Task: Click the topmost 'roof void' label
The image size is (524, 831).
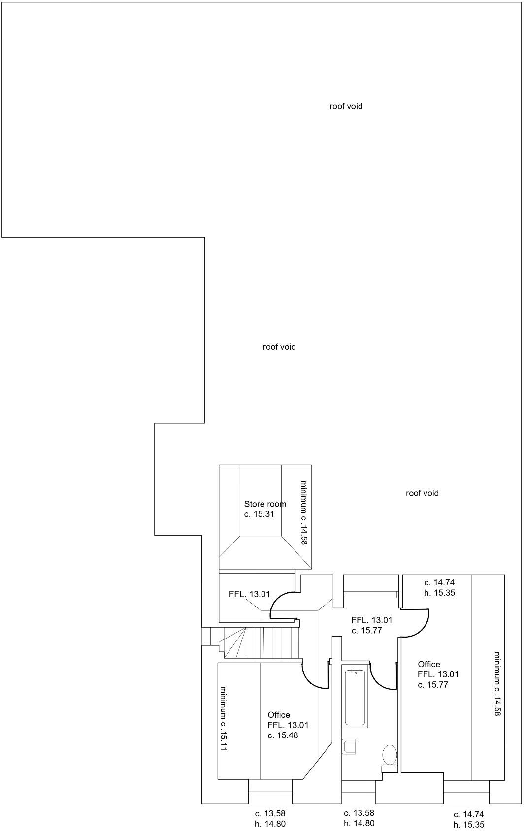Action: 346,106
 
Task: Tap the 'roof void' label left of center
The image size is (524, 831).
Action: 279,347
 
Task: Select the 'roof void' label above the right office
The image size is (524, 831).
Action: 422,493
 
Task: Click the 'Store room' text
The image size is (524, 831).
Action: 265,504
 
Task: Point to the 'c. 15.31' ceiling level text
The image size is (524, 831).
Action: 259,514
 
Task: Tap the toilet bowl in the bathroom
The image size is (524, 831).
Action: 390,754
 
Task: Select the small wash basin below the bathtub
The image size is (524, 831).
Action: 349,746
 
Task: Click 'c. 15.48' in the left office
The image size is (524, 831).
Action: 283,735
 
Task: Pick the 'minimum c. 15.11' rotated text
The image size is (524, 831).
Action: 223,718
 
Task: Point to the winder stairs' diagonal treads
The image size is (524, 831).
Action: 233,642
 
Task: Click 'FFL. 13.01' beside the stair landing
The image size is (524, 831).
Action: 249,594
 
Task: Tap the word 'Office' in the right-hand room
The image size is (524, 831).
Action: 428,664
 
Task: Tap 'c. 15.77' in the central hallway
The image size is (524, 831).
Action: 366,630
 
